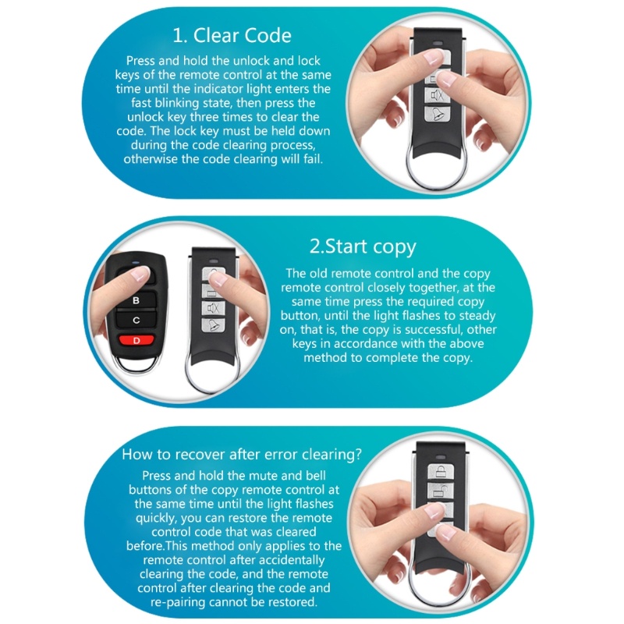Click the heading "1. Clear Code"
coord(232,35)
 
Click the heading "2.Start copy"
coord(363,246)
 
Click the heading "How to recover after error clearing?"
coord(242,454)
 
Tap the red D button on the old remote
coord(136,341)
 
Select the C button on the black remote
coord(136,320)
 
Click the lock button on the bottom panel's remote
coord(441,471)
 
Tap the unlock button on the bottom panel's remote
coord(440,491)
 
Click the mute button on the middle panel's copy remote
coord(213,307)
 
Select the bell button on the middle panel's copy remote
coord(213,325)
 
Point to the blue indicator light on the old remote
coord(136,262)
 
